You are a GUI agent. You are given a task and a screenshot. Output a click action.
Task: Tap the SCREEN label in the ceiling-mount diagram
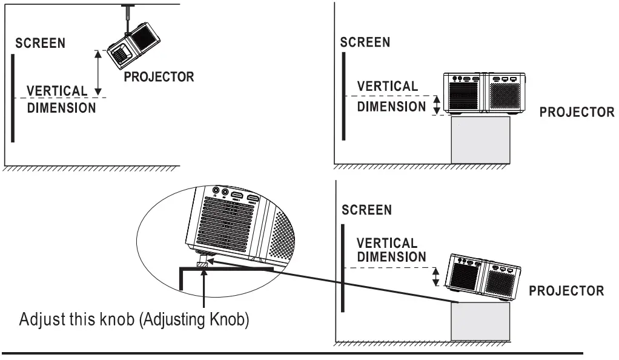pos(41,44)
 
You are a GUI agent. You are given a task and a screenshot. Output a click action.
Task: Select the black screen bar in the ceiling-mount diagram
pos(12,97)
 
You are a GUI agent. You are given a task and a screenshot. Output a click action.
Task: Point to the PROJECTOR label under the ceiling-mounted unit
pos(159,77)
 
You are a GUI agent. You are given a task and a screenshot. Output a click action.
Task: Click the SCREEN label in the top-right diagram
pos(365,42)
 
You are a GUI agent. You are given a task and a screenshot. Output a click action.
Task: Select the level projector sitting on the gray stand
pos(485,94)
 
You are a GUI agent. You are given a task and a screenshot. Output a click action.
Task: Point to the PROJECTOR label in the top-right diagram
pos(577,113)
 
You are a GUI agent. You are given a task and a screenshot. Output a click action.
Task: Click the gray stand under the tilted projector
pos(480,321)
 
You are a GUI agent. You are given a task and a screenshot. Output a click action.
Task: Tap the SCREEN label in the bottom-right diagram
pos(366,210)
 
